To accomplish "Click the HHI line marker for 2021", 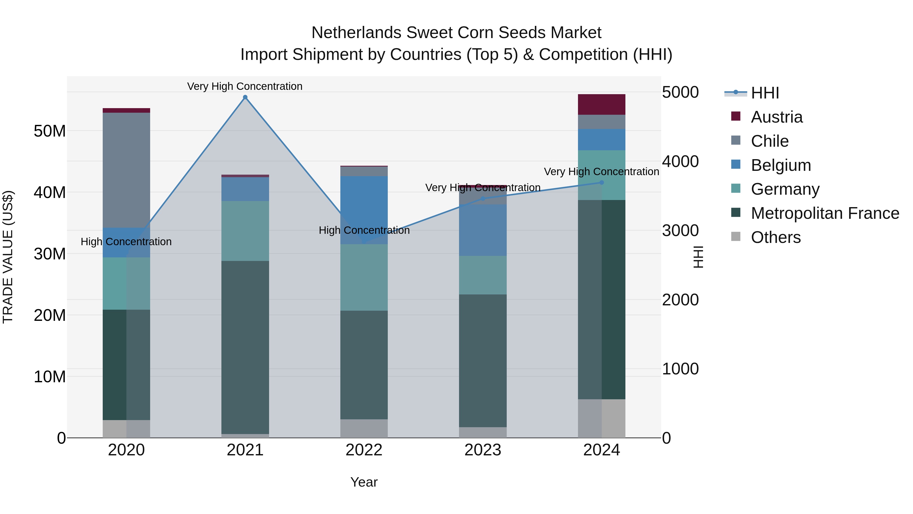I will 245,97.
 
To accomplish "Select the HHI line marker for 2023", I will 483,198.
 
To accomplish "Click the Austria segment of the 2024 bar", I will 602,104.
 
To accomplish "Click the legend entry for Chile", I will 769,141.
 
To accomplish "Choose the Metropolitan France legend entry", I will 824,213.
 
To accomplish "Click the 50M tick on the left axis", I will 50,131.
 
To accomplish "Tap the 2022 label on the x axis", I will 364,450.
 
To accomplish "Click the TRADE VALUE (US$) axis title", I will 8,257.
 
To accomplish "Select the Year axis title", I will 364,482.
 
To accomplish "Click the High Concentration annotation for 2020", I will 126,242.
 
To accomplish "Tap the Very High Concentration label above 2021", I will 245,86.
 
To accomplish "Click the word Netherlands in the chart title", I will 356,33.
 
